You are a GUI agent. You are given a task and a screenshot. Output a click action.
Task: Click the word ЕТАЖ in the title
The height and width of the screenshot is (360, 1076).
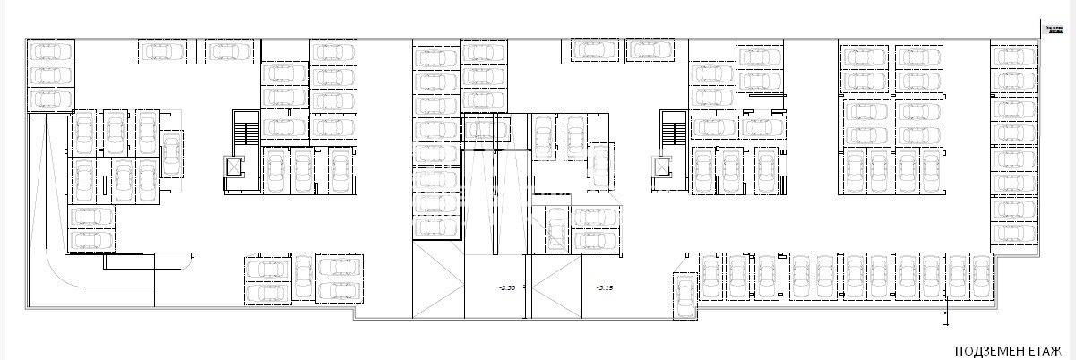[x=1045, y=350]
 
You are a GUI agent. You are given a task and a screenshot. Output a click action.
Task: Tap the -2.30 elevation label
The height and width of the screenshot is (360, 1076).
[x=507, y=287]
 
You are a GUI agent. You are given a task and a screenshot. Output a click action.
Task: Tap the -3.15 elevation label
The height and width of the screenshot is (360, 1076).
[x=604, y=287]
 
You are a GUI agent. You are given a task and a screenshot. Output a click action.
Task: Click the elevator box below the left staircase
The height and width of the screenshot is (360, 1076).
[x=235, y=167]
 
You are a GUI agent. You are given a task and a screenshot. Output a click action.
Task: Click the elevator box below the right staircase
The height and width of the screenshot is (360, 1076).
[x=663, y=167]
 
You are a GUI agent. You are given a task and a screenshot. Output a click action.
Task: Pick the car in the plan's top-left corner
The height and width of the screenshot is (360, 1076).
[x=50, y=51]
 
